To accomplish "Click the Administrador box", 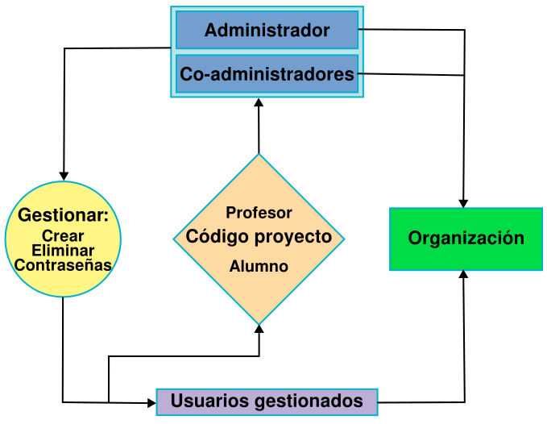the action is click(267, 30).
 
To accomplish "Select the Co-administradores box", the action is click(267, 74).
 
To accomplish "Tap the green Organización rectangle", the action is click(466, 239).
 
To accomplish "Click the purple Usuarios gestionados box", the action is click(267, 401).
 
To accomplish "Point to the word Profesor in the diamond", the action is click(259, 213).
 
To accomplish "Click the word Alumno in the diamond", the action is click(259, 266).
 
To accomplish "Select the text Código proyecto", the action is click(259, 237).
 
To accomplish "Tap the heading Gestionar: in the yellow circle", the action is click(63, 214).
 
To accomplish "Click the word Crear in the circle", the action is click(63, 236).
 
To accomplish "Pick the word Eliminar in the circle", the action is click(63, 251).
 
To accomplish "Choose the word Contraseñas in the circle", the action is click(63, 265).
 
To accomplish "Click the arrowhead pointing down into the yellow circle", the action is click(64, 177).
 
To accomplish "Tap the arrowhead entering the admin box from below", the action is click(259, 102).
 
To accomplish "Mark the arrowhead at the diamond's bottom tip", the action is click(259, 329).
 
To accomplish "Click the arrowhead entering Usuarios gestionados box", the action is click(151, 403).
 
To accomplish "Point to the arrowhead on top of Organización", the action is click(463, 203).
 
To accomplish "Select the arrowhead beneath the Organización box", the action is click(463, 274).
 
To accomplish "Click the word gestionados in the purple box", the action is click(309, 401).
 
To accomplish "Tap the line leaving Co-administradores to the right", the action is click(411, 74).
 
